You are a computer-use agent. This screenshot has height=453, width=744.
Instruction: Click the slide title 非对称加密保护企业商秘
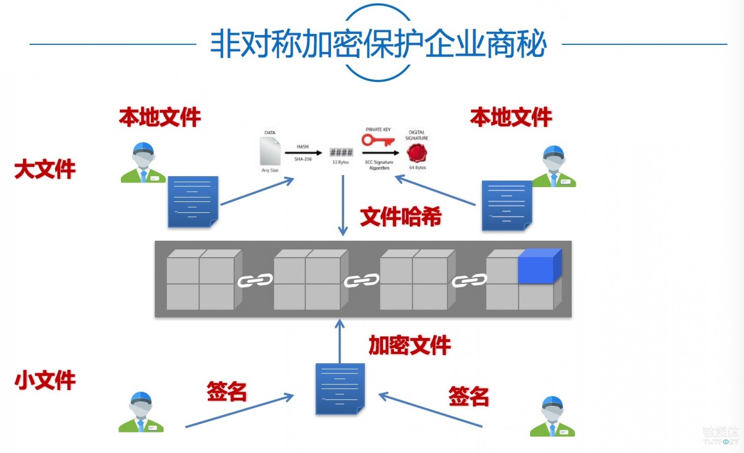378,44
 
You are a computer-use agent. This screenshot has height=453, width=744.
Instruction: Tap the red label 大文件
45,169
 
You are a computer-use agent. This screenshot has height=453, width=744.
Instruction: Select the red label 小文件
45,380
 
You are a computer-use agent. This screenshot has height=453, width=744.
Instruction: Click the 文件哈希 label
401,217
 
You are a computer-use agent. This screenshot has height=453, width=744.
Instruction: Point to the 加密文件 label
409,345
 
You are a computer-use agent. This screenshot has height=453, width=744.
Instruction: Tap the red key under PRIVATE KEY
377,140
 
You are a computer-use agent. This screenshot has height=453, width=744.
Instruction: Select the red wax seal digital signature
416,153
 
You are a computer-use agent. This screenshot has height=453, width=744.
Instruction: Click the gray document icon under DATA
270,151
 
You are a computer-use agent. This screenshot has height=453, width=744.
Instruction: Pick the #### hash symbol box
341,152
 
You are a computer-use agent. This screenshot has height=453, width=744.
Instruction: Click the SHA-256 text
303,159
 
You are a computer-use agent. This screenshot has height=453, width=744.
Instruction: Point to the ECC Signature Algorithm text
379,165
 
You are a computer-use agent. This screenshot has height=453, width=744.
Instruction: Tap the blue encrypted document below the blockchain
340,388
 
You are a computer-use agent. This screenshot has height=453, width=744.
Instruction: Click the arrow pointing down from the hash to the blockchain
343,206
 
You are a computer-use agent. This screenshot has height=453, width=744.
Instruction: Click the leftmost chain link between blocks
255,280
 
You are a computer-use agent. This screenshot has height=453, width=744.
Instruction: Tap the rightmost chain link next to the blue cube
469,280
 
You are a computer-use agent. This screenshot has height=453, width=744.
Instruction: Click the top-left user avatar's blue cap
143,148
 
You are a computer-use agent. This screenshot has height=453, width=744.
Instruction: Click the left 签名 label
226,392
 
